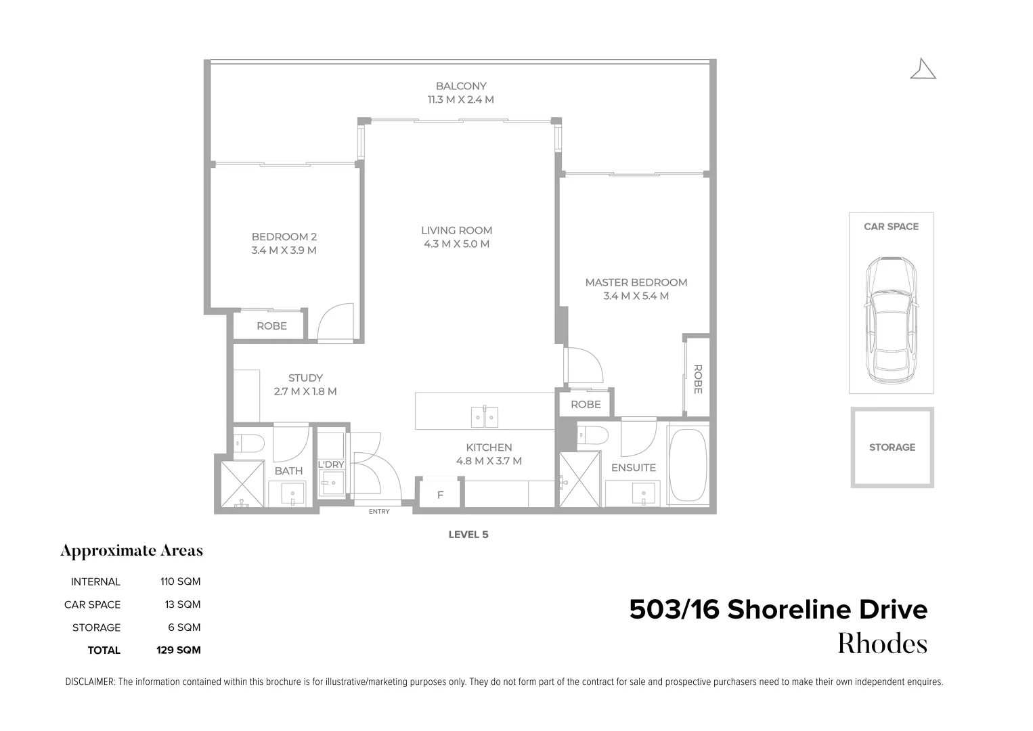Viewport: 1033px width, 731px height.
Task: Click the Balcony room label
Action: click(x=460, y=86)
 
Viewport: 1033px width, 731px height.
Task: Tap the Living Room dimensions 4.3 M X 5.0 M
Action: click(x=456, y=244)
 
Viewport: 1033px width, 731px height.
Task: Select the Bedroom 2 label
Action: click(x=284, y=237)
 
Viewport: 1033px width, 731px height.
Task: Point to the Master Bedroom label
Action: click(x=636, y=282)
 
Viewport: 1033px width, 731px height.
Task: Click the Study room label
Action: click(x=305, y=378)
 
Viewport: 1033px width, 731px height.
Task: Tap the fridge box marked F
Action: click(x=440, y=495)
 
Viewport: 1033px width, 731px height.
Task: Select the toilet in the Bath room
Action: click(x=249, y=443)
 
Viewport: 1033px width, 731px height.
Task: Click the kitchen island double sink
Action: click(x=485, y=417)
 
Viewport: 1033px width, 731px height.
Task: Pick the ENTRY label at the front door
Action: click(x=379, y=512)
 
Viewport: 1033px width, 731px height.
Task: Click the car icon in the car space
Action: click(x=891, y=321)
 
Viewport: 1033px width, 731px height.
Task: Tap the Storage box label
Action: click(x=892, y=447)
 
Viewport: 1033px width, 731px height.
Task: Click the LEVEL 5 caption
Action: click(x=468, y=535)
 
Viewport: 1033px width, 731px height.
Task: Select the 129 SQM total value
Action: click(x=178, y=650)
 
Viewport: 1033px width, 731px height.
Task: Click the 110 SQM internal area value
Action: click(x=180, y=581)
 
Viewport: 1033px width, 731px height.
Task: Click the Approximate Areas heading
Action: click(x=131, y=551)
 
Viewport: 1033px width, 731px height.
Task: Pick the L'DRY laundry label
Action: click(x=331, y=464)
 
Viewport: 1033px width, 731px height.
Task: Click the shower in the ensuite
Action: click(x=579, y=479)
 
